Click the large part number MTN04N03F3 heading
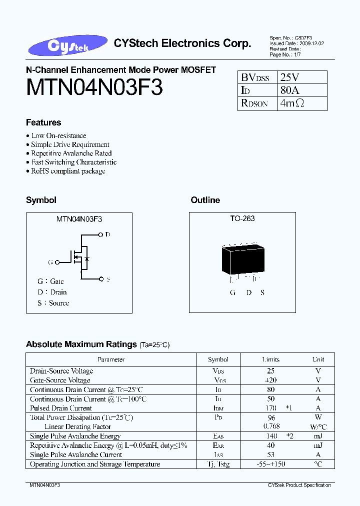[94, 88]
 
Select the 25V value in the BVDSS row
[290, 77]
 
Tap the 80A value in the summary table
[289, 90]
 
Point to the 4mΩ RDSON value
[292, 103]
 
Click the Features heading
[43, 122]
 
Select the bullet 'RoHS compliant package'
[68, 171]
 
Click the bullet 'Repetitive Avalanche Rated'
[71, 153]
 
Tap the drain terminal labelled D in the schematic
[101, 234]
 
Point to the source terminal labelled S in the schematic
[101, 279]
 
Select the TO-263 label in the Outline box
[242, 218]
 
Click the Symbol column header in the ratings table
[218, 359]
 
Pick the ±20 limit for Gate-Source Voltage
[270, 380]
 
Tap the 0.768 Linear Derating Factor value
[270, 426]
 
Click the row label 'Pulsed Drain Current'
[61, 408]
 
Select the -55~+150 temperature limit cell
[270, 464]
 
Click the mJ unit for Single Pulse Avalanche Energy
[318, 436]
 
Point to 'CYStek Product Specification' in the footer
[299, 485]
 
